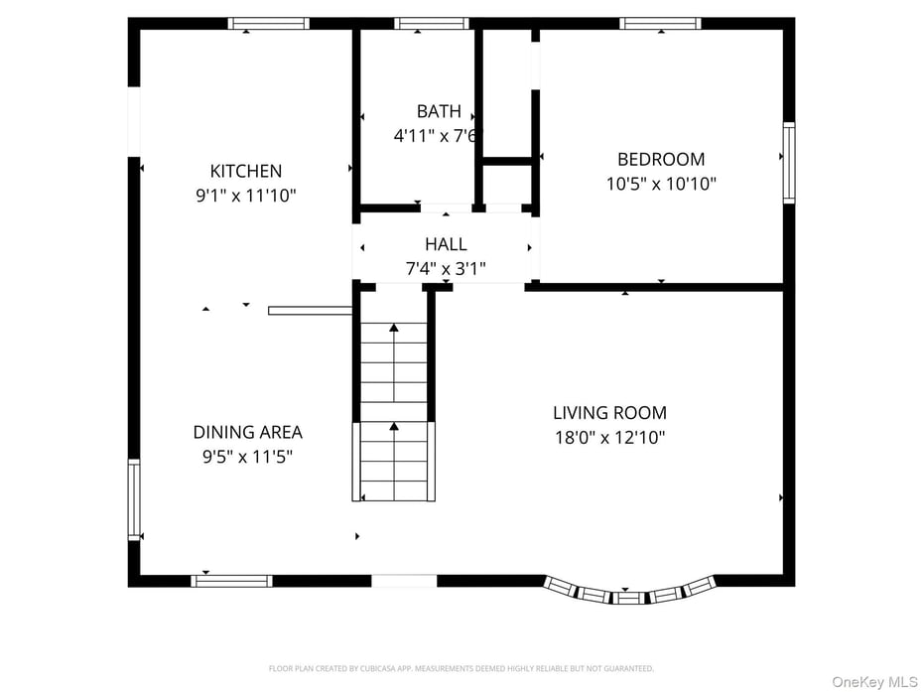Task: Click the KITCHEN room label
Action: coord(245,171)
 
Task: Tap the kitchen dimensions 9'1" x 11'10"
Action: coord(245,196)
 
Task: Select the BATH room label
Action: coord(438,111)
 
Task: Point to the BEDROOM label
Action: coord(661,159)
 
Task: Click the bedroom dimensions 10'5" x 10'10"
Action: coord(661,184)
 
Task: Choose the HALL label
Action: coord(446,244)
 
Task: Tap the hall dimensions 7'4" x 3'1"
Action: coord(446,268)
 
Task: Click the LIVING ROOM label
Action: coord(609,412)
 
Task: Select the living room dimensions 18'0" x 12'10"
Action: coord(609,437)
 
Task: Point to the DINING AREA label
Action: coord(247,432)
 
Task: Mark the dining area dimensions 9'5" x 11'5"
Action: coord(247,457)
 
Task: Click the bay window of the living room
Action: coord(629,594)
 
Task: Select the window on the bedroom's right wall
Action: coord(789,162)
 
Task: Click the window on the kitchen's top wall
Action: coord(268,24)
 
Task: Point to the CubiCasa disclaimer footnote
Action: coord(461,669)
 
